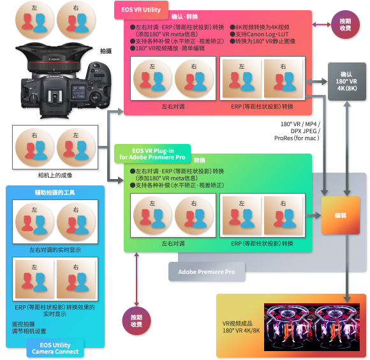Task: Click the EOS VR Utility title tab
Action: pyautogui.click(x=141, y=10)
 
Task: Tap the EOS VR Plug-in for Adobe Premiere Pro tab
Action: pyautogui.click(x=152, y=154)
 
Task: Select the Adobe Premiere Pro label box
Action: pyautogui.click(x=207, y=271)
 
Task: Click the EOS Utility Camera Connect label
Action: pyautogui.click(x=56, y=348)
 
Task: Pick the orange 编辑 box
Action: pyautogui.click(x=341, y=215)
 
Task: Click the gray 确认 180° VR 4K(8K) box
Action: pyautogui.click(x=347, y=82)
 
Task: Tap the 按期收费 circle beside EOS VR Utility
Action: pyautogui.click(x=346, y=24)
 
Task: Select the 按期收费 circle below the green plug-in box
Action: pyautogui.click(x=137, y=321)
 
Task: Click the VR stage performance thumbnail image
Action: pyautogui.click(x=312, y=328)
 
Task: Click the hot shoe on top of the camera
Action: pyautogui.click(x=55, y=96)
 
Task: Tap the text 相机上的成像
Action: pyautogui.click(x=56, y=175)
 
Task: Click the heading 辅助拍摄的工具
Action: pyautogui.click(x=55, y=192)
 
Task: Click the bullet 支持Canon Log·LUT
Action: pyautogui.click(x=260, y=34)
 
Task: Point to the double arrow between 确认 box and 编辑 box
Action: pyautogui.click(x=347, y=148)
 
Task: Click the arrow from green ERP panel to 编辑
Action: pyautogui.click(x=313, y=215)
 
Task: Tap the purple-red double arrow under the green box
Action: pyautogui.click(x=137, y=279)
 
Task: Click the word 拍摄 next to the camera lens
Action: pyautogui.click(x=106, y=51)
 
